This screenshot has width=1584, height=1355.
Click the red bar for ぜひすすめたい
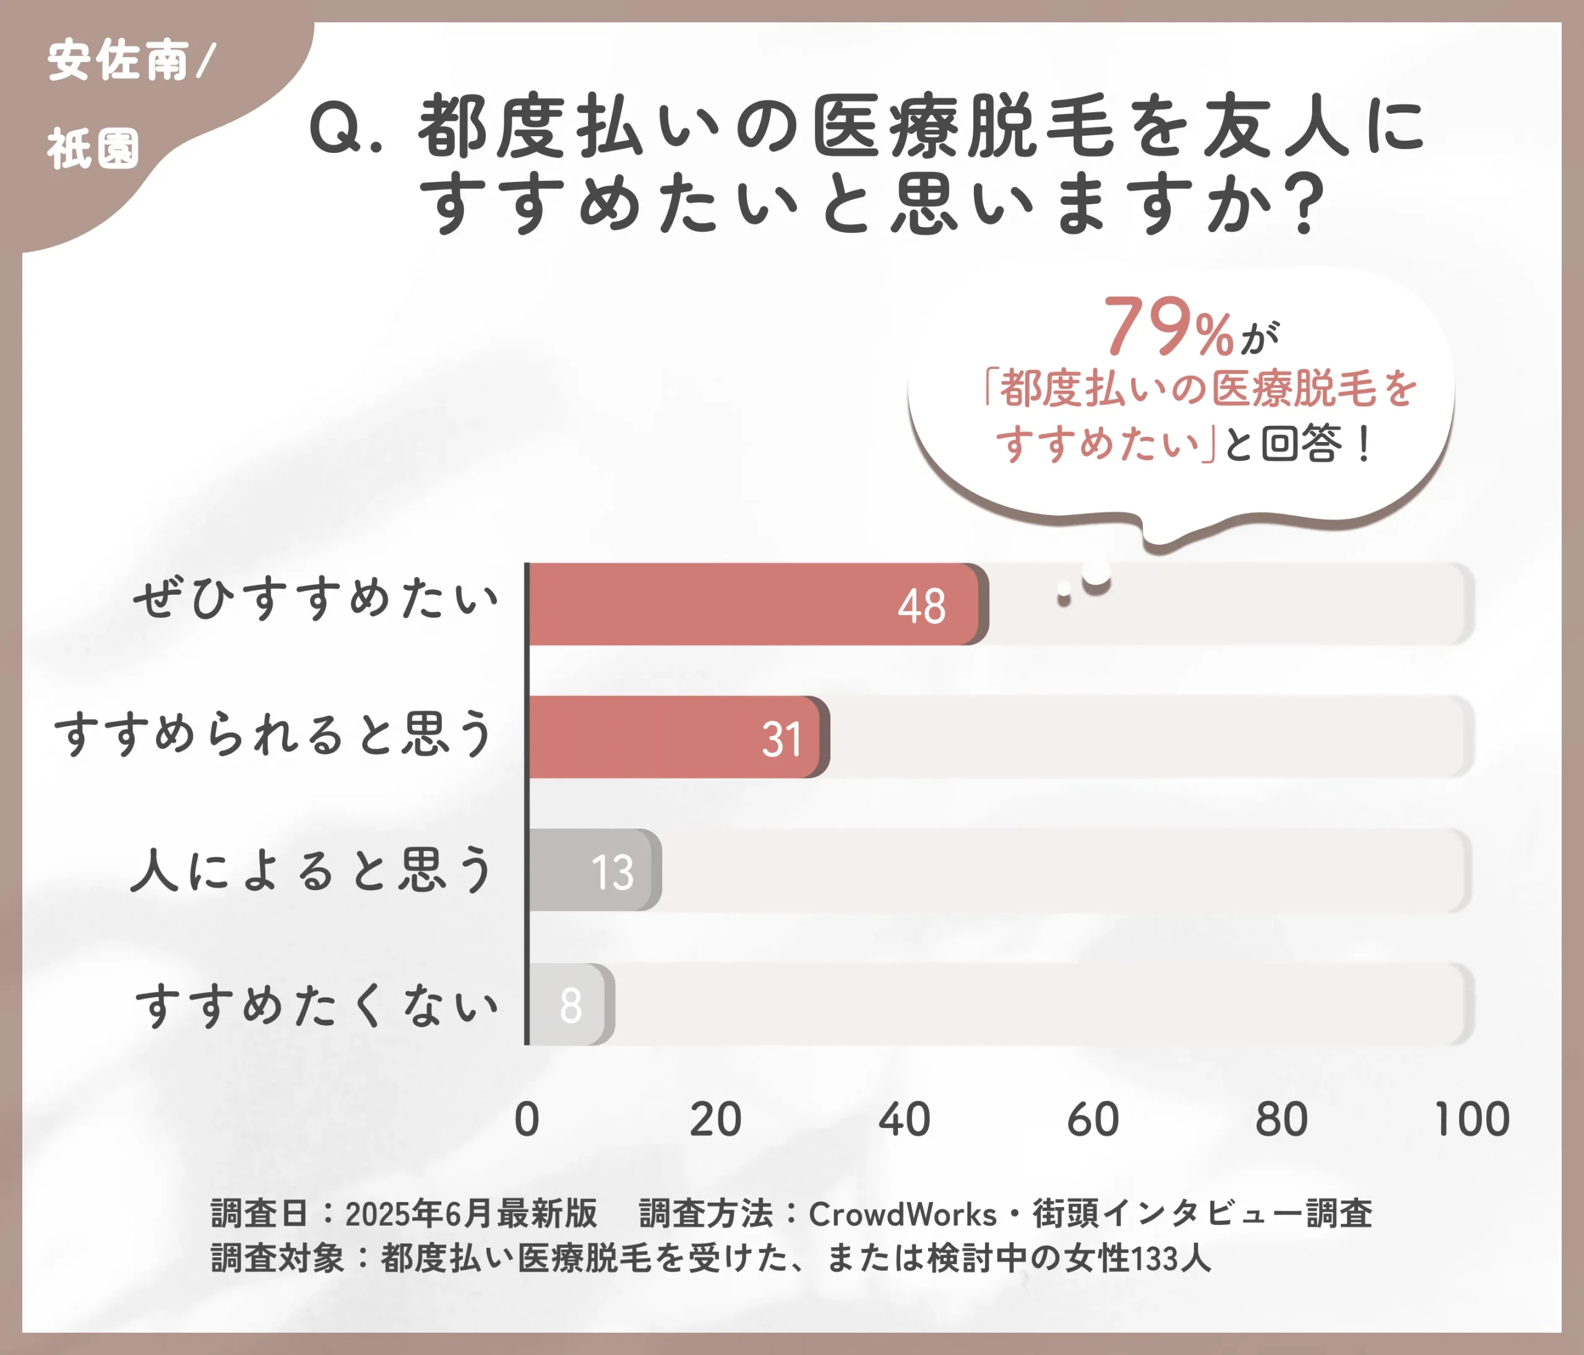pyautogui.click(x=753, y=604)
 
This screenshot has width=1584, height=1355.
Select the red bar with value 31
pyautogui.click(x=673, y=737)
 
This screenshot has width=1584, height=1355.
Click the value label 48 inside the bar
pyautogui.click(x=921, y=607)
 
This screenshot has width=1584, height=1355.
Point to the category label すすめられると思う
pyautogui.click(x=273, y=734)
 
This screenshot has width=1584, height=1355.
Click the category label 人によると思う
pyautogui.click(x=312, y=870)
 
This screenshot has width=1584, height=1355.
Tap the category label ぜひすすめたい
pyautogui.click(x=315, y=599)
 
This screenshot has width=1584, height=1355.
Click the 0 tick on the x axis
pyautogui.click(x=527, y=1120)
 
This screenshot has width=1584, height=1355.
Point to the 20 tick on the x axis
pyautogui.click(x=715, y=1120)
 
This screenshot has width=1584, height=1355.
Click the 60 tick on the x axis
pyautogui.click(x=1093, y=1120)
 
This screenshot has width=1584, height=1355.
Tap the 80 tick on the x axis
pyautogui.click(x=1281, y=1120)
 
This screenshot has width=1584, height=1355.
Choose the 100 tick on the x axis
pyautogui.click(x=1471, y=1120)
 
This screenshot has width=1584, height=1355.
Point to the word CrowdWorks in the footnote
pyautogui.click(x=902, y=1214)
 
